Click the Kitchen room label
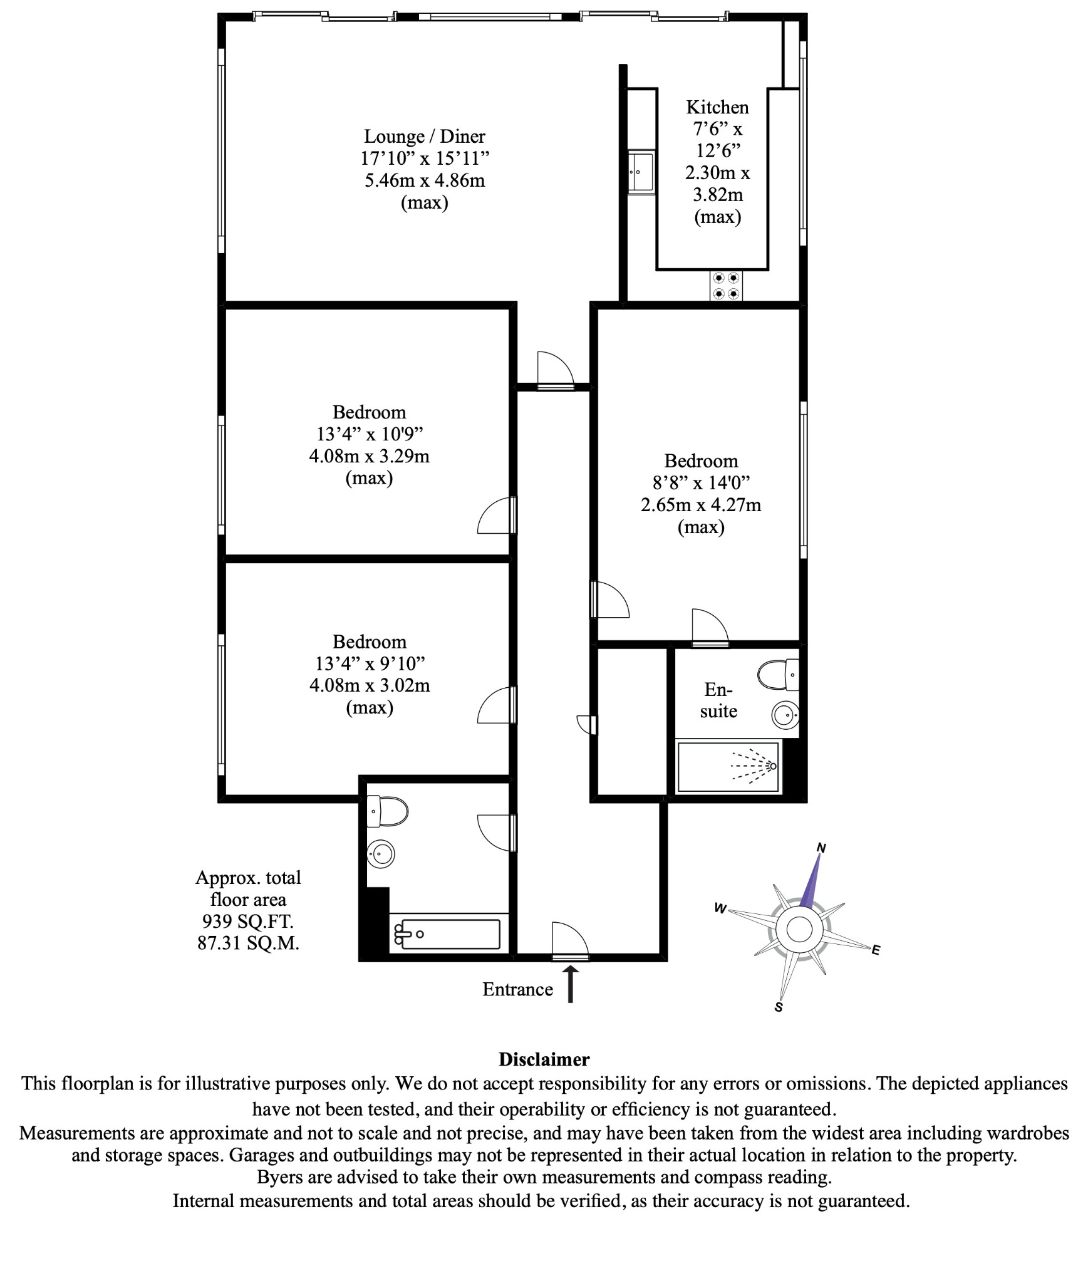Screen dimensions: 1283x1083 click(717, 107)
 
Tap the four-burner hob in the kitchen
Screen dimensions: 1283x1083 click(726, 286)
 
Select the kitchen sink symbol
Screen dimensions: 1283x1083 click(641, 171)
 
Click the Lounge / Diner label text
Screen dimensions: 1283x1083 click(425, 137)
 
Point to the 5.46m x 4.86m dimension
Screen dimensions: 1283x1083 click(425, 180)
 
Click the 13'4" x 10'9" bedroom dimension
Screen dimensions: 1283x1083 click(370, 434)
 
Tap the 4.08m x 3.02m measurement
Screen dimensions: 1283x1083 click(370, 685)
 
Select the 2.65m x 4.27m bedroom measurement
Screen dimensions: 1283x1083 click(701, 505)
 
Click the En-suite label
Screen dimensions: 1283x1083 click(718, 700)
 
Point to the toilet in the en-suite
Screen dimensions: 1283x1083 click(777, 675)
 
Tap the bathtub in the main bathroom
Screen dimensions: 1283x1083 click(446, 934)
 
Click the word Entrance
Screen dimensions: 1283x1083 click(517, 989)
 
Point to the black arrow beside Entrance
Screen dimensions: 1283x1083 click(571, 984)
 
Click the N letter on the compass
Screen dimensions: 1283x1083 click(821, 848)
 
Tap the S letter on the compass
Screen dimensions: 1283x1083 click(779, 1007)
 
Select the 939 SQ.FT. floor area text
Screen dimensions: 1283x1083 click(248, 922)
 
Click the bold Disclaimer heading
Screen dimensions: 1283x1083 click(544, 1059)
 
